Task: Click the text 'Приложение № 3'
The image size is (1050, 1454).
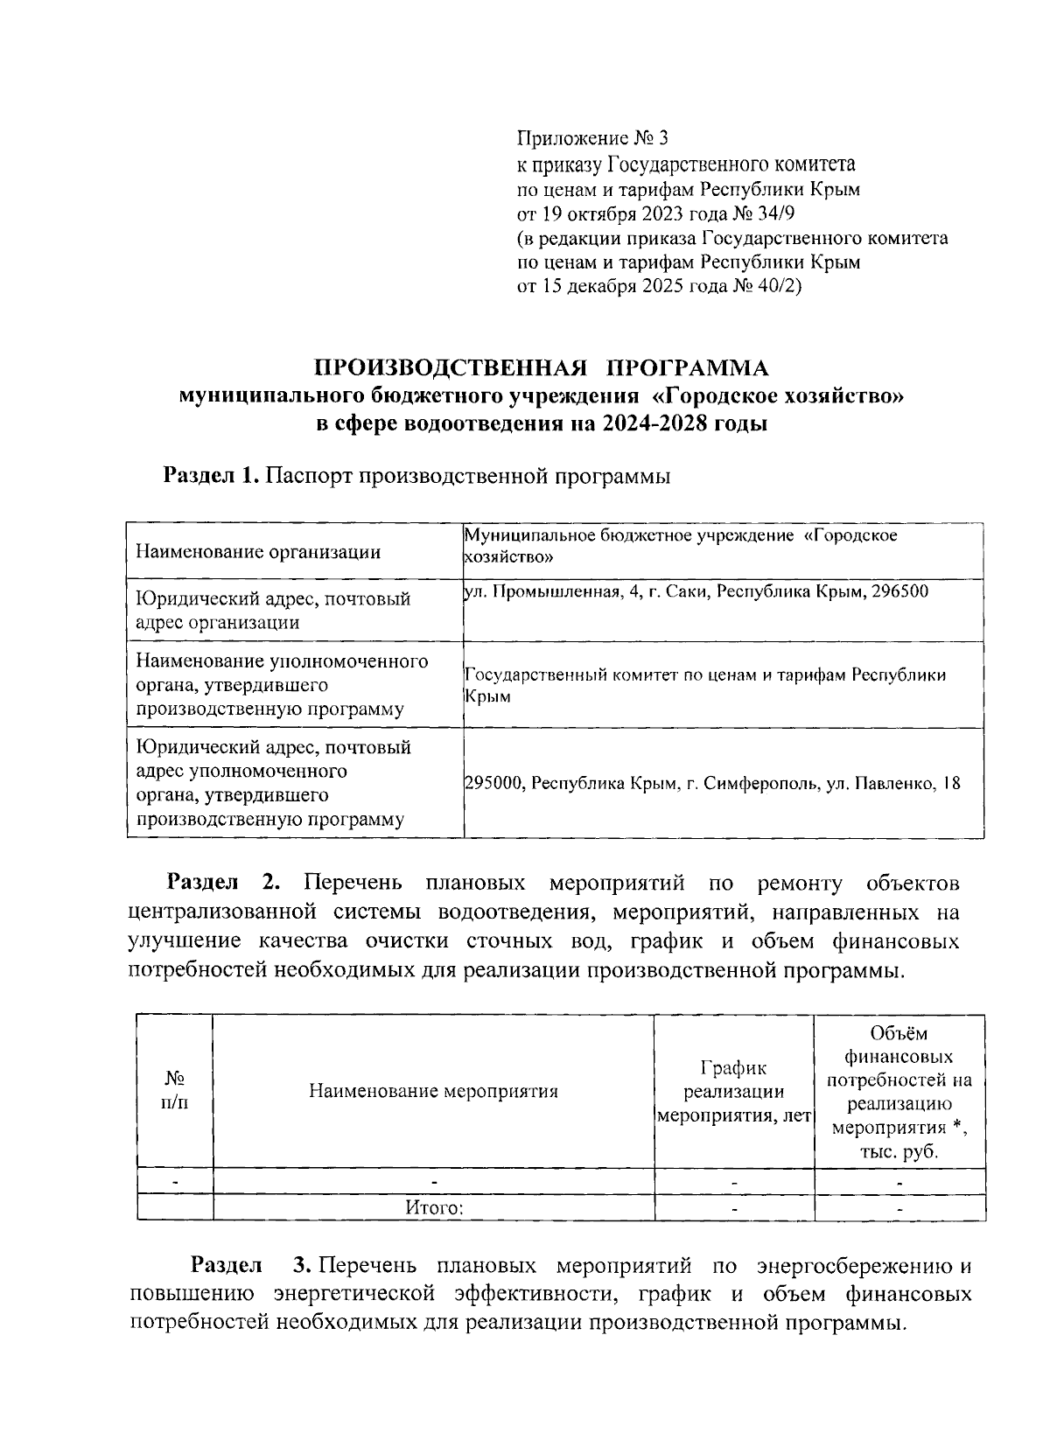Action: [592, 138]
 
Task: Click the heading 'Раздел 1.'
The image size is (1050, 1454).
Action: [211, 476]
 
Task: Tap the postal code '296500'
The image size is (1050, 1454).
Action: [900, 592]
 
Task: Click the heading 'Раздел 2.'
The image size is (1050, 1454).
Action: [229, 882]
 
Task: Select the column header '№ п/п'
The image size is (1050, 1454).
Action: [175, 1091]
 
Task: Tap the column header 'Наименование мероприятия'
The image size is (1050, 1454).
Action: [433, 1091]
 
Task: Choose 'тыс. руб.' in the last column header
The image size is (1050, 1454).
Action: [899, 1152]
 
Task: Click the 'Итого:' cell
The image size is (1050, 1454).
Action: [433, 1208]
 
